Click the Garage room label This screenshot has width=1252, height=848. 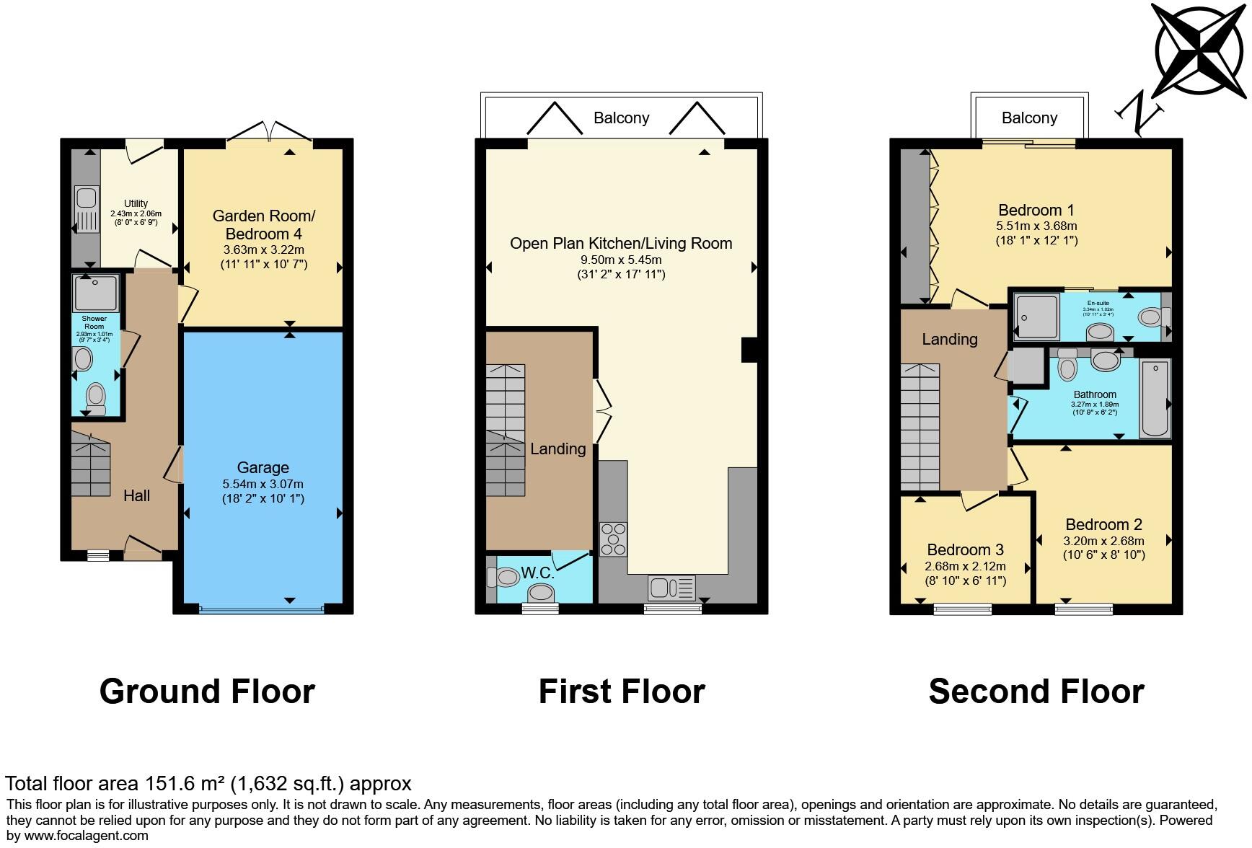coord(263,467)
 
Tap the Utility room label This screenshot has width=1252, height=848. coord(136,203)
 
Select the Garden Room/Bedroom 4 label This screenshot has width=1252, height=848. coord(263,225)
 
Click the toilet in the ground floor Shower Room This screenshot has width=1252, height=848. coord(95,397)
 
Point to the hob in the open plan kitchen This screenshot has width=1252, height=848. coord(613,539)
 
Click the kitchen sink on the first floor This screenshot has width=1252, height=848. coord(671,588)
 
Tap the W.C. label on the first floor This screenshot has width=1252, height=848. coord(537,573)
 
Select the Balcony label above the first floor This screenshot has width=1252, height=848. coord(621,118)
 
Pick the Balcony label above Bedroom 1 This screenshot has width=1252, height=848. coord(1029,118)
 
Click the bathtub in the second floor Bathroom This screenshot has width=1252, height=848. coord(1155,398)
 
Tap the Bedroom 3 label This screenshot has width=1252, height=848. coord(965,549)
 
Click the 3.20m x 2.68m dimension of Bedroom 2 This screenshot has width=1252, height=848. coord(1103,541)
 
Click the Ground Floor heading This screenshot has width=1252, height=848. coord(207,691)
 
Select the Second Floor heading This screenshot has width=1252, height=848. coord(1036,691)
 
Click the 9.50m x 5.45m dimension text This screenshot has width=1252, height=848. coord(621,260)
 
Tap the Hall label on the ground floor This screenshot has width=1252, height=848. coord(136,495)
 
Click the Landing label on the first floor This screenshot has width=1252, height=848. coord(557,449)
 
